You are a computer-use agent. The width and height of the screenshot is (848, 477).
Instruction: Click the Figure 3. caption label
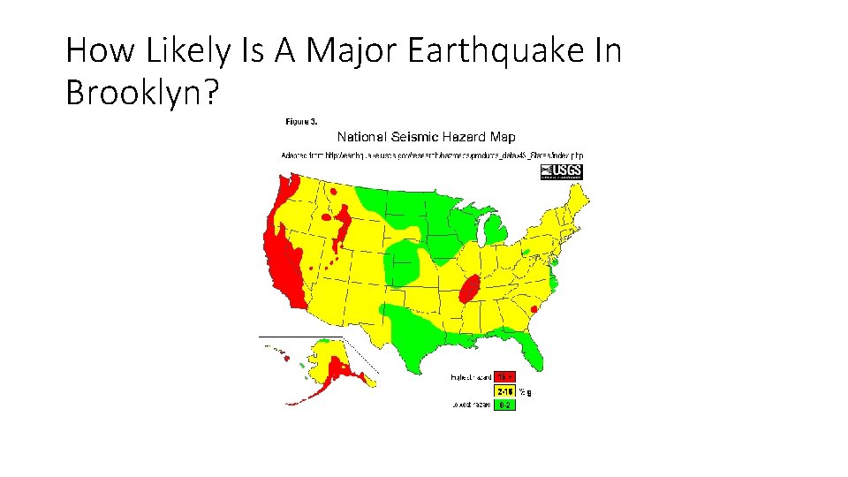(x=301, y=120)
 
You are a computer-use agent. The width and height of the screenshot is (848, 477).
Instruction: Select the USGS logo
(x=561, y=171)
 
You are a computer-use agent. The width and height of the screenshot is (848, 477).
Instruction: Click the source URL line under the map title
(x=432, y=155)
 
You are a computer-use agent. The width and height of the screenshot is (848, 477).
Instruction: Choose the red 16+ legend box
(x=504, y=376)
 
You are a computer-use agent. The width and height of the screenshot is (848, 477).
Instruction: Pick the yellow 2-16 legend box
(x=504, y=390)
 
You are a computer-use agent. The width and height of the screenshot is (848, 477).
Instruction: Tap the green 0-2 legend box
(x=504, y=405)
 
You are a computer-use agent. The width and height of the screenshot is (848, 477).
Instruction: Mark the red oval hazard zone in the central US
(x=470, y=289)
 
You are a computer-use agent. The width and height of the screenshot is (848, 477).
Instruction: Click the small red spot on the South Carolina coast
(x=534, y=309)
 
